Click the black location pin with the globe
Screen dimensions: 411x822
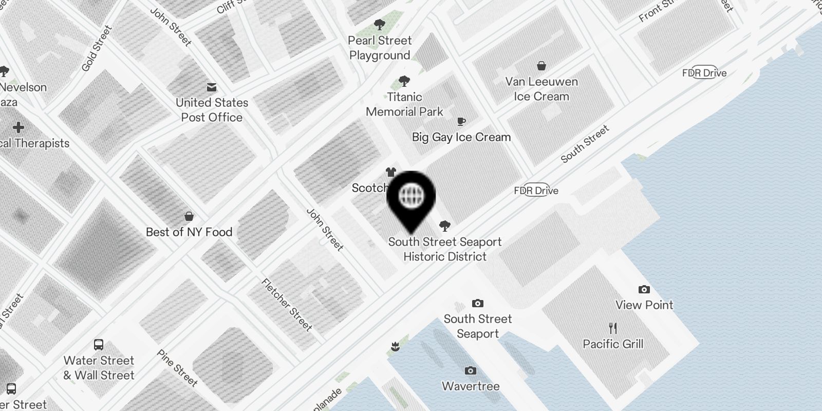click(x=410, y=197)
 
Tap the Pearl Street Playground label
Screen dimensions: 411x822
click(x=380, y=48)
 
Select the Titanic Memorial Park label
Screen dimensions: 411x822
click(x=404, y=104)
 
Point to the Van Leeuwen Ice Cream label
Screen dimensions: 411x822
click(x=541, y=89)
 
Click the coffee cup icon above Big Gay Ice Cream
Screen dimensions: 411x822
click(x=461, y=121)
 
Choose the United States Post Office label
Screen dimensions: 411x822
click(x=212, y=110)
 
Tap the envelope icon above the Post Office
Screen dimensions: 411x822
click(x=212, y=87)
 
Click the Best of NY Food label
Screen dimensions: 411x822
click(x=189, y=232)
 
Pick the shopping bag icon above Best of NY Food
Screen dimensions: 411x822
click(x=189, y=216)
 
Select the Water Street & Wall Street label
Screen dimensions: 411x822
click(x=99, y=368)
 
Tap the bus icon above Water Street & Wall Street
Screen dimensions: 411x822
click(x=99, y=345)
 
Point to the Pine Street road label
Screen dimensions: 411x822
click(x=177, y=368)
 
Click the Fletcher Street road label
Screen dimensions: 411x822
click(x=287, y=304)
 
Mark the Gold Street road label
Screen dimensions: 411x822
click(x=97, y=49)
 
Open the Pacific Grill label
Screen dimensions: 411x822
click(x=613, y=344)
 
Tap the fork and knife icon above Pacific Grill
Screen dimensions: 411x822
click(x=613, y=328)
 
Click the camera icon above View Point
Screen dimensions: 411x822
click(x=644, y=290)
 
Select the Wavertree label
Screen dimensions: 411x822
click(x=471, y=386)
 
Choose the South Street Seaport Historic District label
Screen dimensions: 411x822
click(x=445, y=249)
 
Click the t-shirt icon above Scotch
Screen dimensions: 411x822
click(x=391, y=173)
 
